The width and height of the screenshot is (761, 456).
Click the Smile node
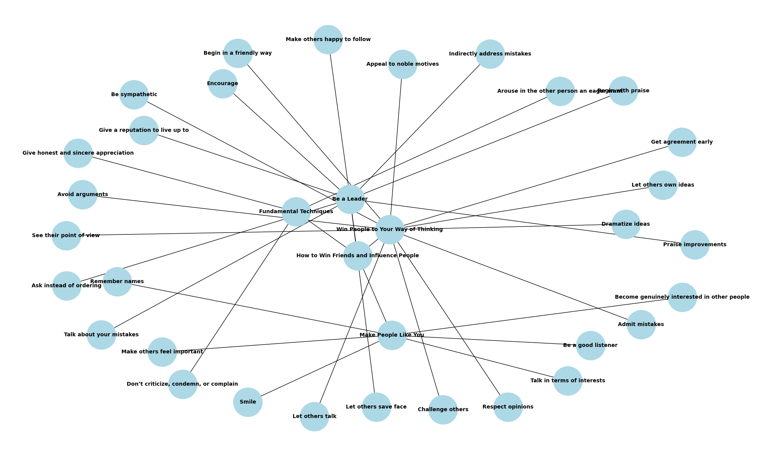click(x=248, y=402)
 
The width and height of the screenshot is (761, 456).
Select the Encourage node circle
click(x=223, y=84)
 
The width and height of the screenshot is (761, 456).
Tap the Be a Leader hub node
click(x=350, y=199)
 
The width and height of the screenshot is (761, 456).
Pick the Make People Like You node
click(x=392, y=335)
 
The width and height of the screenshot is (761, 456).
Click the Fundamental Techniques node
click(x=296, y=212)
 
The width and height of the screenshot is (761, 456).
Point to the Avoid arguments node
click(x=83, y=195)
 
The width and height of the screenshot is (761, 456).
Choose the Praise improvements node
click(x=695, y=245)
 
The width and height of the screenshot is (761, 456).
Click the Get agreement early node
click(x=682, y=142)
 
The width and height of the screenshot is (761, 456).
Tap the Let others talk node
click(x=314, y=416)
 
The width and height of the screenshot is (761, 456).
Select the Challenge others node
click(x=443, y=410)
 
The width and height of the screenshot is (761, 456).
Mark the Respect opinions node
click(x=508, y=407)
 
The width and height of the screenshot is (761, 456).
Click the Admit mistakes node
click(x=641, y=325)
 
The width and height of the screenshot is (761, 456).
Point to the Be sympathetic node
click(x=134, y=95)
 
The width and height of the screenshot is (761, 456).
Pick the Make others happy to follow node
click(x=328, y=40)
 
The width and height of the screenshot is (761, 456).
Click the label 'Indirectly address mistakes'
click(x=490, y=54)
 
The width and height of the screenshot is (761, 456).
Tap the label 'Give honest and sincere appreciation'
click(x=78, y=153)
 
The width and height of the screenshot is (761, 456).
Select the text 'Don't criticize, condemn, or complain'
click(x=182, y=384)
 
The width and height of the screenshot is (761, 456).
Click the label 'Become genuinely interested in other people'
click(x=682, y=297)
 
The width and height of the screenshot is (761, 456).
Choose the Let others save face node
click(x=376, y=407)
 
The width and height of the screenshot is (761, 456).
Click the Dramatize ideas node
click(x=626, y=224)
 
